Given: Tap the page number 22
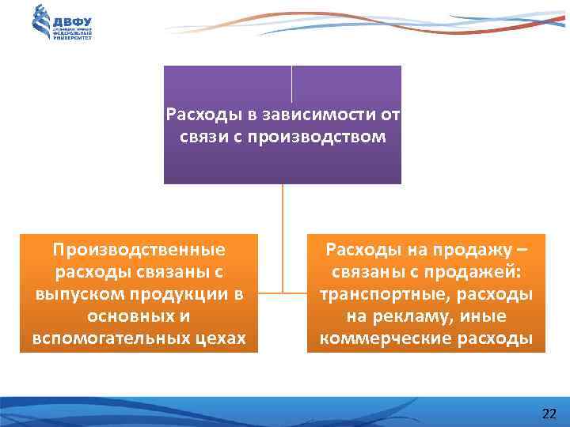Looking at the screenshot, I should tap(549, 414).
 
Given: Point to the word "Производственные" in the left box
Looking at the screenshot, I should tap(139, 250).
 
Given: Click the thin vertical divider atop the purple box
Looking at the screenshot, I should tap(292, 83).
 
